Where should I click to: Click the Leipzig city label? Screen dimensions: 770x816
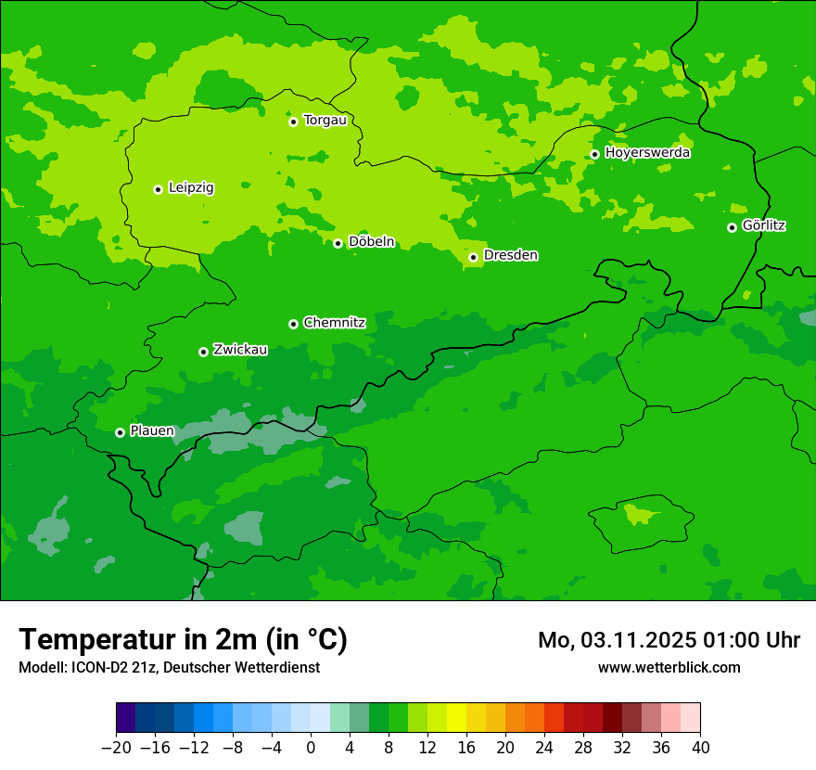(191, 188)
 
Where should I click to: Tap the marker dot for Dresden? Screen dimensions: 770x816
(473, 257)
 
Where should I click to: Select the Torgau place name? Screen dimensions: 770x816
(325, 121)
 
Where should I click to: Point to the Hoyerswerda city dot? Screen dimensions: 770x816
(594, 154)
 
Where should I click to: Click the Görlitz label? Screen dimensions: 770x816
(764, 225)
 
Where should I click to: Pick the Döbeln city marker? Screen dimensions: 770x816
(338, 243)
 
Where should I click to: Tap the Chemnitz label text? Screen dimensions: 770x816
(334, 323)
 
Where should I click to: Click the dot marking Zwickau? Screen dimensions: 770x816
(203, 352)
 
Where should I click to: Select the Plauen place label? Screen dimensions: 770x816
(152, 431)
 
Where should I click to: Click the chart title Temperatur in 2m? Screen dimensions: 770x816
(183, 639)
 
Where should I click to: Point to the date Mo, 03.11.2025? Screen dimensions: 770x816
(617, 640)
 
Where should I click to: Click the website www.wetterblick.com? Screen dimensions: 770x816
(669, 667)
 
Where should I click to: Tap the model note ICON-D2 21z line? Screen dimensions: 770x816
(169, 667)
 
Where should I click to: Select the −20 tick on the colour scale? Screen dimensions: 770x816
(116, 748)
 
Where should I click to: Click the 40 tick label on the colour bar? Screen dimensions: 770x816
(700, 748)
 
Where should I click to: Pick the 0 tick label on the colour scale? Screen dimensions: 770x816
(311, 748)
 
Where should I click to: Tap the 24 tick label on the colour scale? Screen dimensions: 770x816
(544, 748)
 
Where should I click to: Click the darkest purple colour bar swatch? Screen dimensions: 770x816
(125, 718)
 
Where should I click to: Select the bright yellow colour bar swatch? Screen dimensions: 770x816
(456, 718)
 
